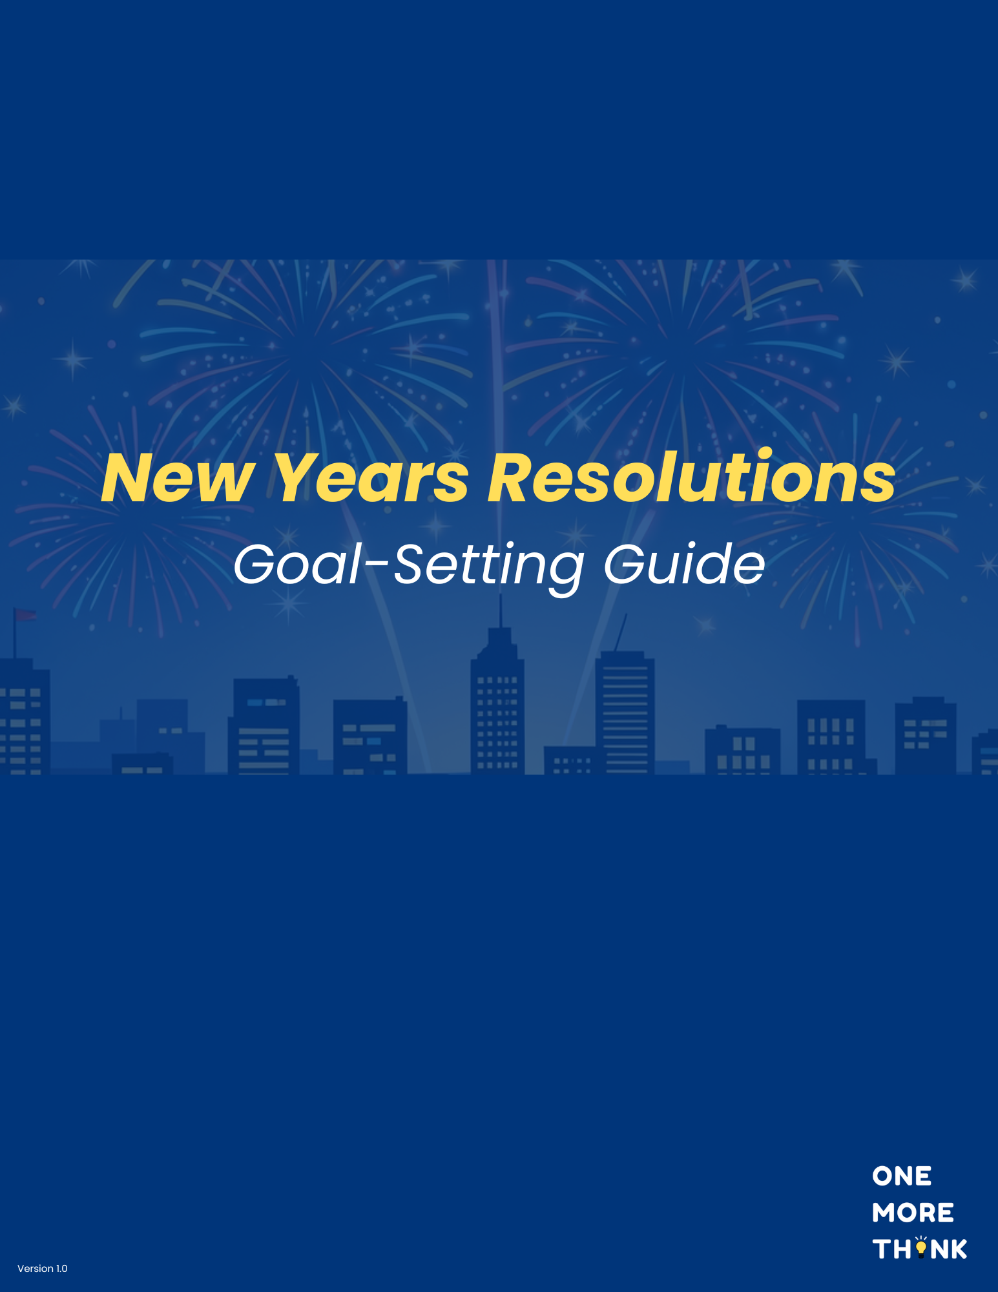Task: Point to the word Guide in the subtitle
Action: tap(684, 565)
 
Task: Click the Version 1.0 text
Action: tap(43, 1268)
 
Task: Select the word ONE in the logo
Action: tap(902, 1176)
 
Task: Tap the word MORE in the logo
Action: tap(913, 1213)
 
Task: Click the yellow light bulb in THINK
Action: tap(921, 1247)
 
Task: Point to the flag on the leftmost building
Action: tap(26, 614)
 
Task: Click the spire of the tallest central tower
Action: tap(501, 610)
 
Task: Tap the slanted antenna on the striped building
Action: tap(621, 632)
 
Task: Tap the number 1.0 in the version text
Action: tap(61, 1268)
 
